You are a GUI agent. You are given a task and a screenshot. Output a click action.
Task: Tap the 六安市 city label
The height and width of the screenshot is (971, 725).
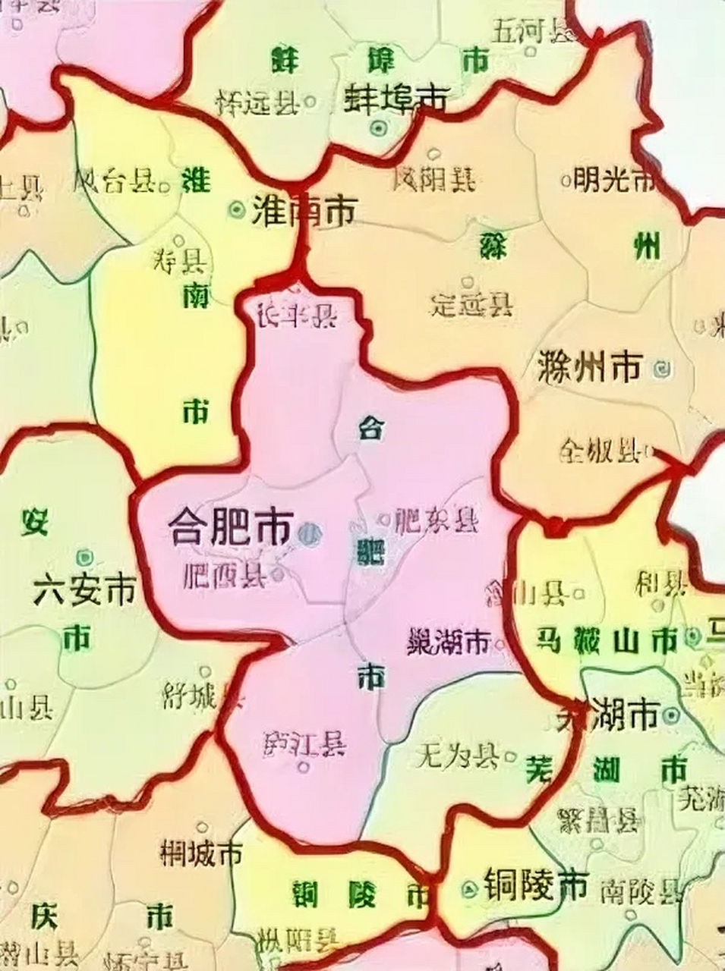(84, 589)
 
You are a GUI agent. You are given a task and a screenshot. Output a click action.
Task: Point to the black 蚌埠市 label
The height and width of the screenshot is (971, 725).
(396, 97)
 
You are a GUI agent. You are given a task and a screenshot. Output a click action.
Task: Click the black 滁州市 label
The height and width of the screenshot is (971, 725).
(589, 368)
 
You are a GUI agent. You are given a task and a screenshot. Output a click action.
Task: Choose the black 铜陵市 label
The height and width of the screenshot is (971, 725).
(535, 884)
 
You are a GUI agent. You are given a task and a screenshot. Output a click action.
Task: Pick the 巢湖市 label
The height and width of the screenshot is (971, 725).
(448, 643)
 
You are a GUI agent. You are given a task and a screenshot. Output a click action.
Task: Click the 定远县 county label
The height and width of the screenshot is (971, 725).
(471, 305)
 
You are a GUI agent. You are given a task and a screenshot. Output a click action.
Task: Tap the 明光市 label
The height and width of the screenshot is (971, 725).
(613, 180)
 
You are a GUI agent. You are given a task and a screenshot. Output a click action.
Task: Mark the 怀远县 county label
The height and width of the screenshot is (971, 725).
(257, 102)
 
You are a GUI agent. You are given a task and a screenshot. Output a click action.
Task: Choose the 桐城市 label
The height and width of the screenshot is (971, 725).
(201, 853)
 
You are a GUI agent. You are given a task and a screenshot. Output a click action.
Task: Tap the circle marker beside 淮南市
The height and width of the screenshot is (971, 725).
(238, 207)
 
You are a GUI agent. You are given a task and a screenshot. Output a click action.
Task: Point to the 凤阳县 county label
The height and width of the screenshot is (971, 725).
(434, 179)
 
